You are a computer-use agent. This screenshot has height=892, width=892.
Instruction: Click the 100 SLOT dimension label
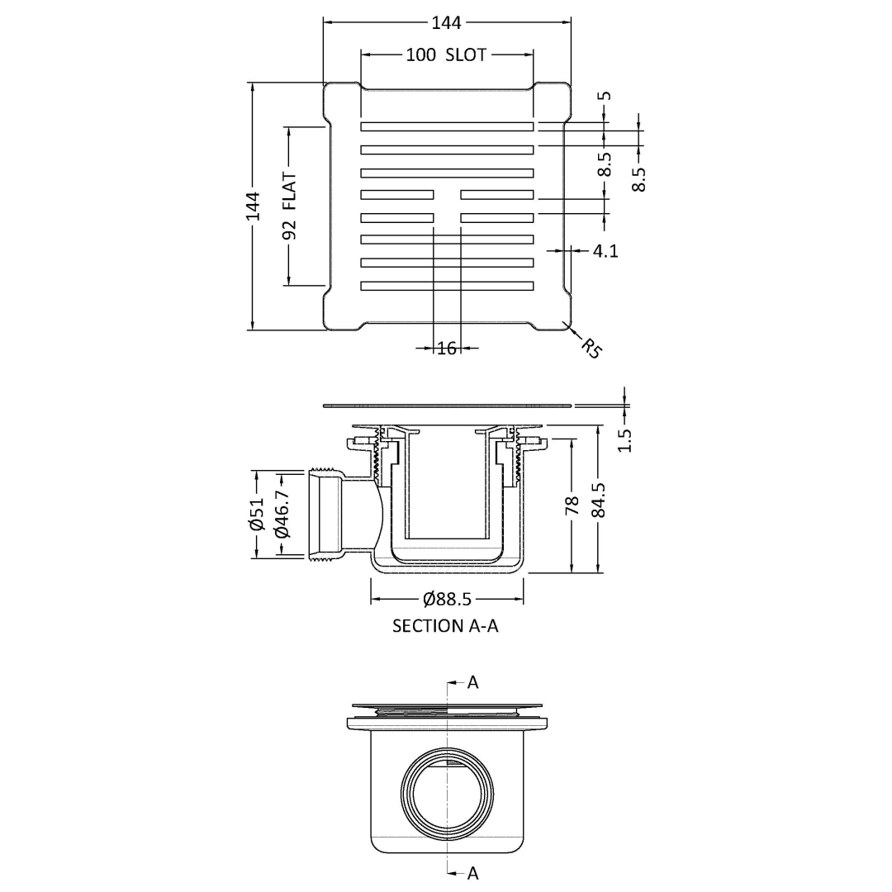447,55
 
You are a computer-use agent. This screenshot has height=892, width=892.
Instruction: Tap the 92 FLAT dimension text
290,206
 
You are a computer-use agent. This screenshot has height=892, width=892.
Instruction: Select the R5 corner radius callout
591,348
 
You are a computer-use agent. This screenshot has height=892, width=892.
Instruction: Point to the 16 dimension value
447,348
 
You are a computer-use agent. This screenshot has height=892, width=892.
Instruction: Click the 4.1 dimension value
605,250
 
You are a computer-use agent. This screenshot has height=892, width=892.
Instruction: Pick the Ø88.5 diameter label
447,599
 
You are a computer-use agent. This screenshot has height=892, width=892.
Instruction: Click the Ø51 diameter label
257,514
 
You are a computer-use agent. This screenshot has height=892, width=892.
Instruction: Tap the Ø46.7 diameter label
282,515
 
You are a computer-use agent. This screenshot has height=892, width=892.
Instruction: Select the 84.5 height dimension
598,500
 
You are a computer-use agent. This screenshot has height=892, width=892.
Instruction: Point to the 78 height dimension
572,505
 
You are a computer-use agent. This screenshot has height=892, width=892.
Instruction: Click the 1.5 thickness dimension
624,439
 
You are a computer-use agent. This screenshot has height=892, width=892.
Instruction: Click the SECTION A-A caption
445,626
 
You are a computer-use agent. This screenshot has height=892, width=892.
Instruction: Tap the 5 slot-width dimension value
606,96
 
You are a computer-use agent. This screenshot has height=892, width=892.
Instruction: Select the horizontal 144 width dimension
447,23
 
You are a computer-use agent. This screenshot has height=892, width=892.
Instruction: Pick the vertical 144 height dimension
254,206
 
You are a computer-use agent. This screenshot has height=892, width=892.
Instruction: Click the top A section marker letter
472,682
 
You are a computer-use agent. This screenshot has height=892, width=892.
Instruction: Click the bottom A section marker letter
472,873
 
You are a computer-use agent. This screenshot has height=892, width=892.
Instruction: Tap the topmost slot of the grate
447,126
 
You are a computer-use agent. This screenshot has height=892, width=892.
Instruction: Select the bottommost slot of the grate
447,286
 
